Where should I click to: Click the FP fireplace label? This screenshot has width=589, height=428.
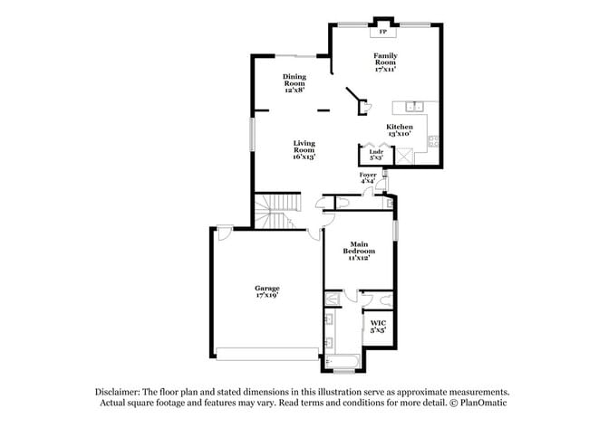pos(383,33)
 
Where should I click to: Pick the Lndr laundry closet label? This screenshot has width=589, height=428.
pos(375,152)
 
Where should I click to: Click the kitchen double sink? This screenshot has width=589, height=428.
pos(413,107)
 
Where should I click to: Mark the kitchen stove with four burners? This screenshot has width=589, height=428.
pos(433,140)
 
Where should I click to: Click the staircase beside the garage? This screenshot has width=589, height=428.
pos(275,214)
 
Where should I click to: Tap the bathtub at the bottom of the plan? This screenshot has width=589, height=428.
pos(344,365)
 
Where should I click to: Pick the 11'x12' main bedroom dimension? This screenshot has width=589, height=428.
pos(360,257)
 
